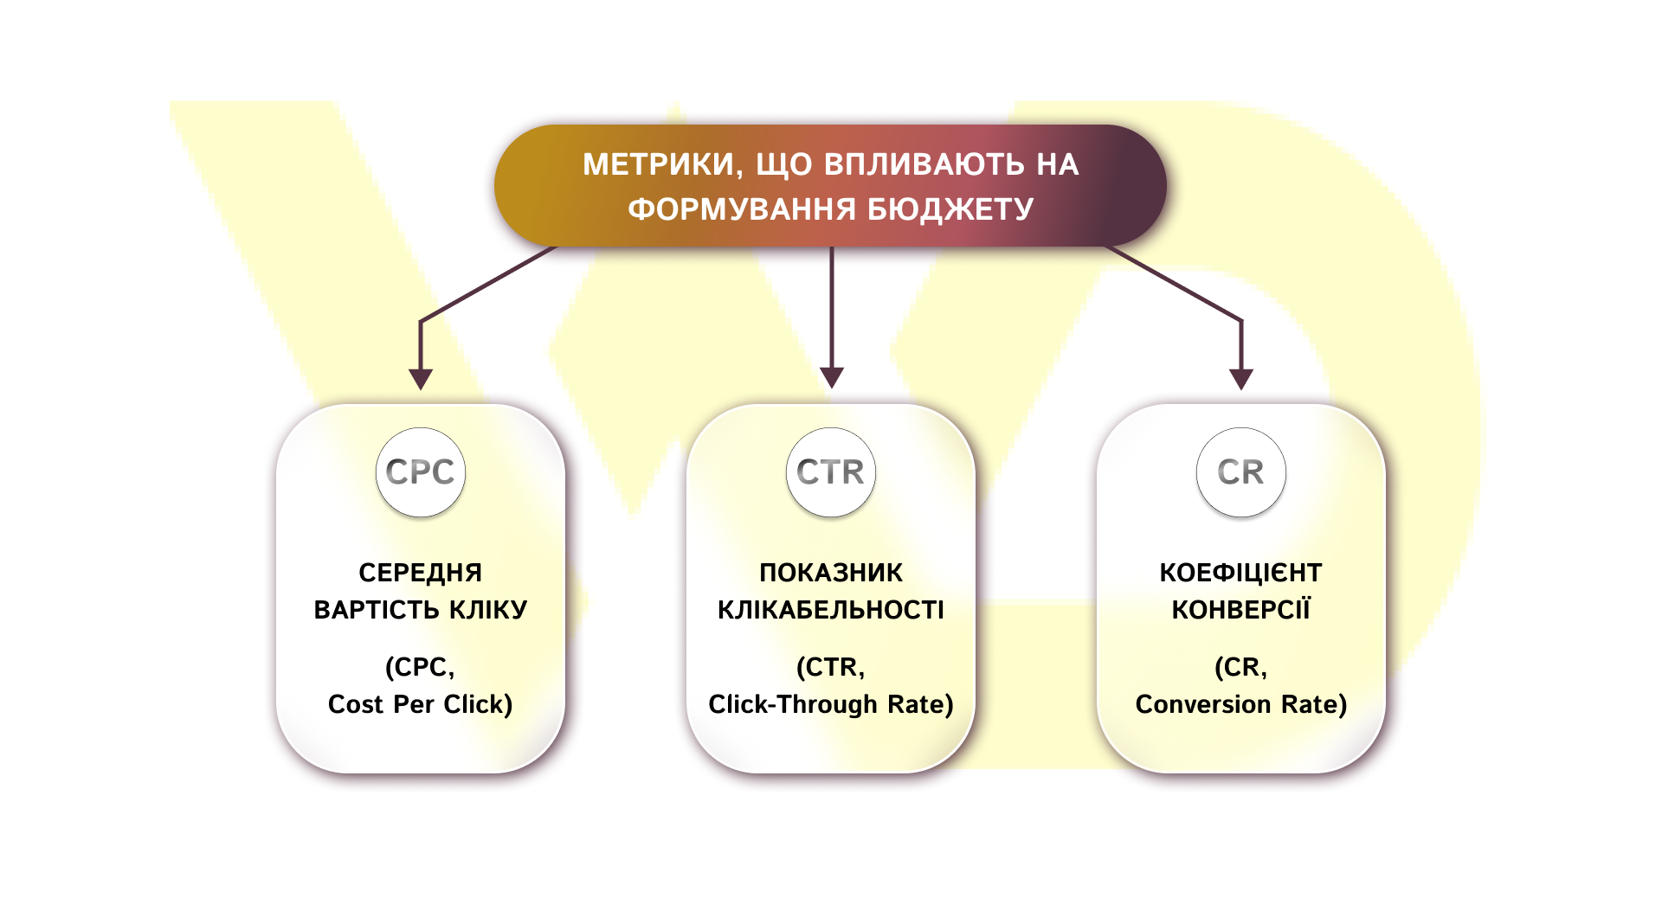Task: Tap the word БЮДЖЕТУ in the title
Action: pyautogui.click(x=950, y=209)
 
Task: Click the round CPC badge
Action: pyautogui.click(x=421, y=472)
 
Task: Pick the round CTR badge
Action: pyautogui.click(x=831, y=472)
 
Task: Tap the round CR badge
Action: pyautogui.click(x=1241, y=472)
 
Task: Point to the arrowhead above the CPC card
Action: pyautogui.click(x=421, y=379)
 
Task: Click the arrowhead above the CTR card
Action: pyautogui.click(x=832, y=378)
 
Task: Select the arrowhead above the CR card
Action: pyautogui.click(x=1241, y=379)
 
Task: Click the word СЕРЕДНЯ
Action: pyautogui.click(x=421, y=573)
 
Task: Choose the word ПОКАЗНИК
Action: pyautogui.click(x=831, y=573)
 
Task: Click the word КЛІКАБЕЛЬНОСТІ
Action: pyautogui.click(x=831, y=610)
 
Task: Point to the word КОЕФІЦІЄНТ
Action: pyautogui.click(x=1241, y=573)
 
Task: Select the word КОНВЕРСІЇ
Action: pyautogui.click(x=1241, y=610)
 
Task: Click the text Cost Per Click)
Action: pyautogui.click(x=421, y=704)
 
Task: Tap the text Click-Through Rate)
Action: pyautogui.click(x=831, y=704)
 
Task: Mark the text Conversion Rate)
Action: pyautogui.click(x=1241, y=704)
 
